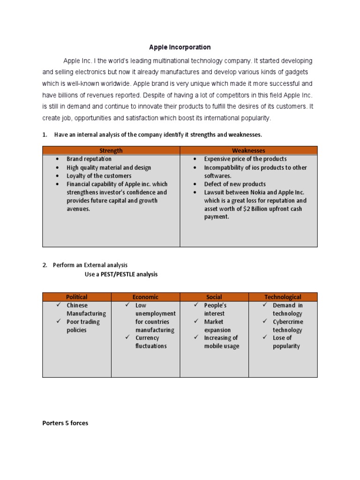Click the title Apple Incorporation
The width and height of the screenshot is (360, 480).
tap(180, 47)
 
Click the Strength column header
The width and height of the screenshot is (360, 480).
tap(111, 150)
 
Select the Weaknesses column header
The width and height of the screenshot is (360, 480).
tap(248, 150)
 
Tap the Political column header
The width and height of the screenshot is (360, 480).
tap(76, 297)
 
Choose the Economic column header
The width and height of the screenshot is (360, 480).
tap(145, 297)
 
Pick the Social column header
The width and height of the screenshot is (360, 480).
tap(214, 297)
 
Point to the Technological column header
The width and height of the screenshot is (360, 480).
tap(283, 297)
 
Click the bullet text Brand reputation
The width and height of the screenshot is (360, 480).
tap(89, 159)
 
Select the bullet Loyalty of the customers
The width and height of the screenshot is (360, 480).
tap(99, 176)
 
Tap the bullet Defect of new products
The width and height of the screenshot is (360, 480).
tap(234, 184)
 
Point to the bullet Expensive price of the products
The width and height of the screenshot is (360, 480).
tap(245, 159)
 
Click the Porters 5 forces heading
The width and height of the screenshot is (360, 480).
tap(65, 423)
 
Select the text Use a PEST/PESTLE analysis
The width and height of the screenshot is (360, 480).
tap(121, 274)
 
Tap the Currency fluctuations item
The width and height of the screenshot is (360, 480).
tap(150, 342)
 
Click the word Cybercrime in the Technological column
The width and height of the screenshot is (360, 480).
tap(288, 322)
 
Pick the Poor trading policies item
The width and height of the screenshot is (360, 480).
tap(83, 326)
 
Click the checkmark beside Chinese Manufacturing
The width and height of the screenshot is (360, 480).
tap(58, 305)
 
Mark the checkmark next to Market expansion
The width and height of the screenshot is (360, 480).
tap(195, 322)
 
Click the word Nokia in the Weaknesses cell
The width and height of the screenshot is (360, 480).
tap(257, 192)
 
